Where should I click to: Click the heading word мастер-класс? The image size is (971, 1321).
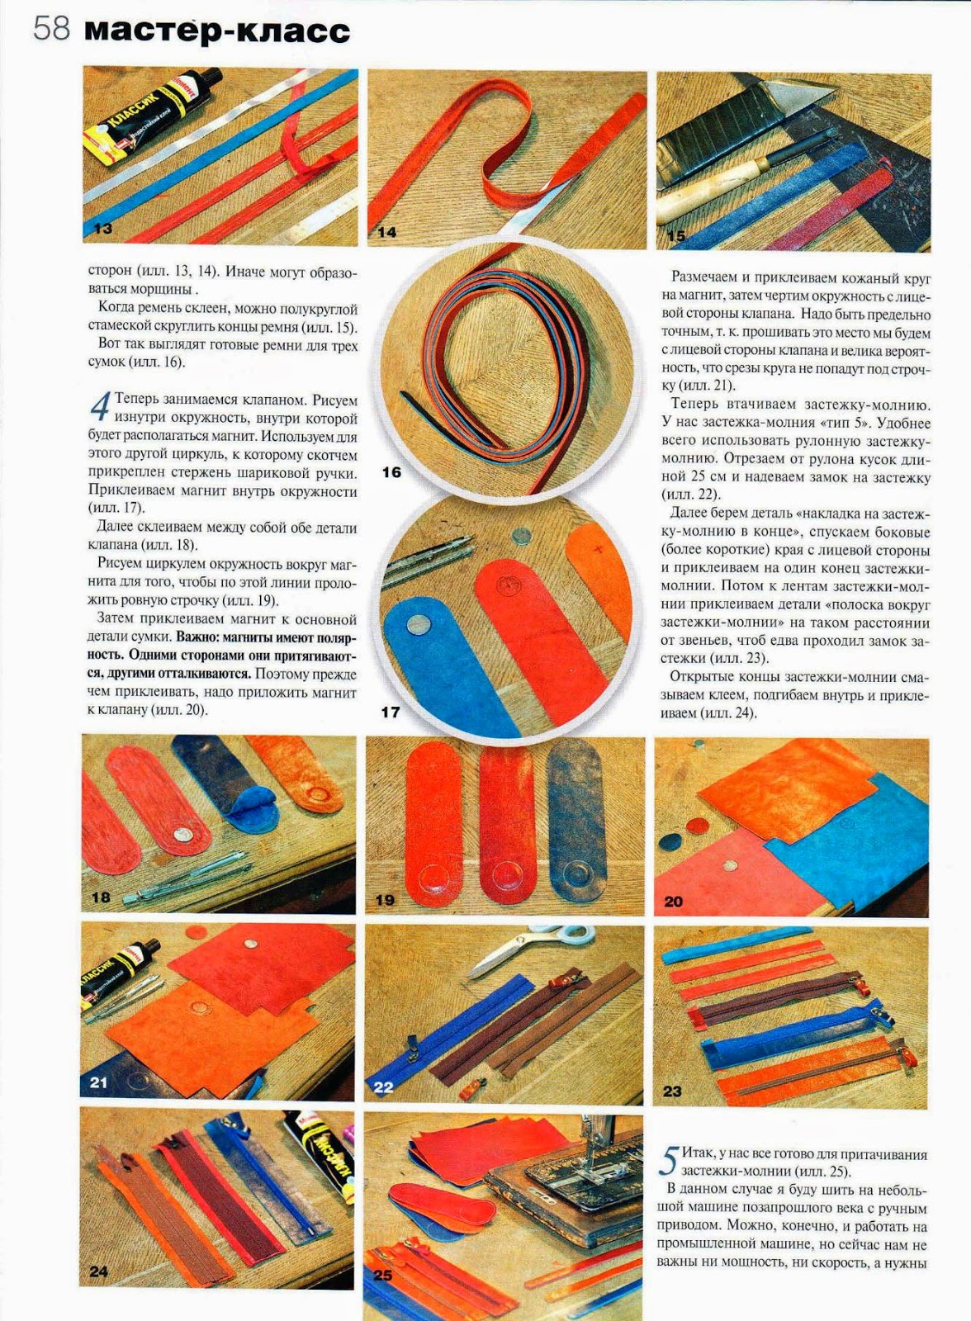218,30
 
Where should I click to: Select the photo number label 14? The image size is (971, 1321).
386,232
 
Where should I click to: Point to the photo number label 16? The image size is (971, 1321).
391,472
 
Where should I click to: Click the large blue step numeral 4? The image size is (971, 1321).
100,408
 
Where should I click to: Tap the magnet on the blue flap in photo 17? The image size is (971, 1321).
419,622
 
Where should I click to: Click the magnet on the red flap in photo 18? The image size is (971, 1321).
185,835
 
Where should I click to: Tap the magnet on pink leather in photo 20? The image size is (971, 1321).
729,866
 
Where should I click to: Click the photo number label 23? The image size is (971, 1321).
672,1091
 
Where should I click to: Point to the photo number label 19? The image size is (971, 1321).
385,900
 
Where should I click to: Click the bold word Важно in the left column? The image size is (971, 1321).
196,637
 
